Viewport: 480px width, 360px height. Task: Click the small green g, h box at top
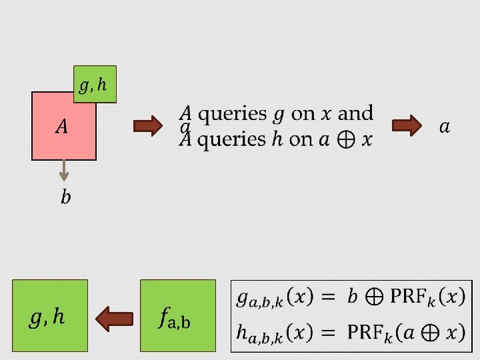pyautogui.click(x=95, y=84)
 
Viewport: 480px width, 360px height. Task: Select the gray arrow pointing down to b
pyautogui.click(x=64, y=171)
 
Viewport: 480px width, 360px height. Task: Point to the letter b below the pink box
pyautogui.click(x=65, y=197)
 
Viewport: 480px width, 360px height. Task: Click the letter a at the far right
pyautogui.click(x=445, y=126)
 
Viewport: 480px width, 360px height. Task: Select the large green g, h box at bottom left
pyautogui.click(x=49, y=315)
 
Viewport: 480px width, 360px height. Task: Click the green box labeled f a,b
pyautogui.click(x=178, y=315)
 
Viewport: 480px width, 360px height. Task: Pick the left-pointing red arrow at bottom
pyautogui.click(x=115, y=318)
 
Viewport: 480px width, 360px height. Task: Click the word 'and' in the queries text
pyautogui.click(x=356, y=113)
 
